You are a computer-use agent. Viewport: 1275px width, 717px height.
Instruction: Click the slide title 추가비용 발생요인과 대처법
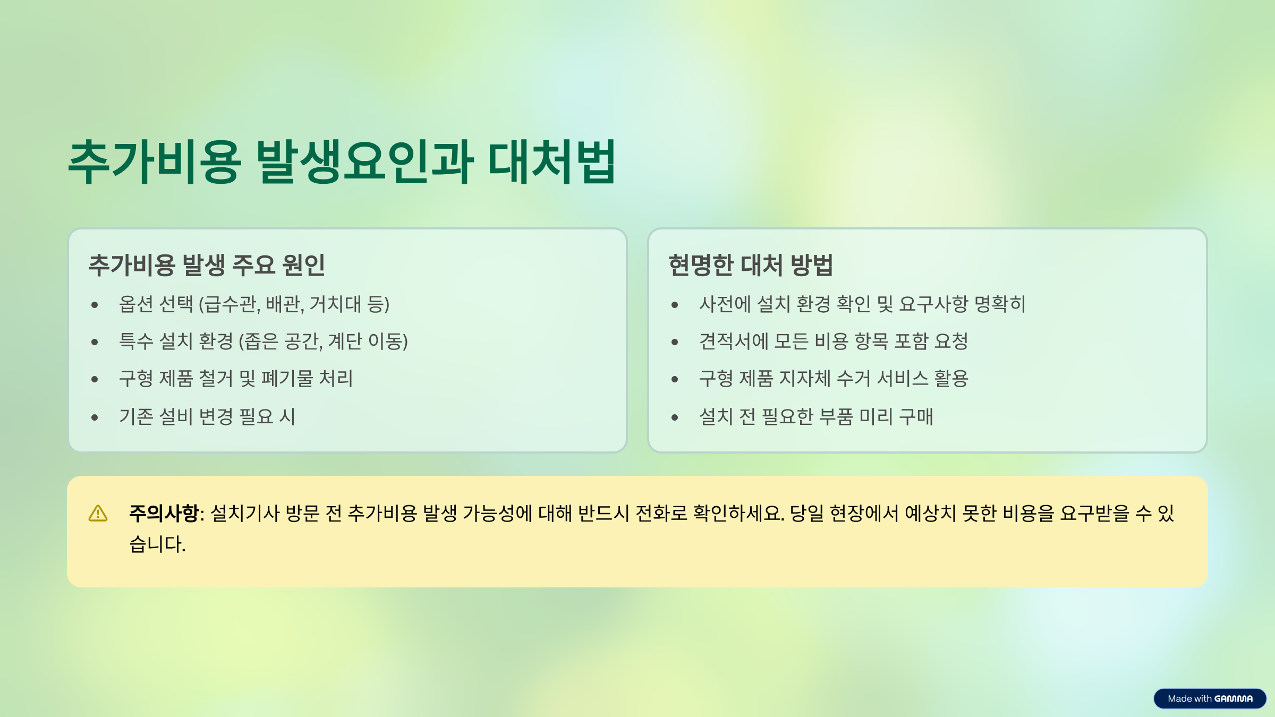pyautogui.click(x=342, y=161)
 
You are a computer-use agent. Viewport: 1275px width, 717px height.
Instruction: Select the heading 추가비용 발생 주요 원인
pyautogui.click(x=207, y=265)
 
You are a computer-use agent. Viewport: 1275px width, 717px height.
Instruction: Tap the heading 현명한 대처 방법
pyautogui.click(x=750, y=265)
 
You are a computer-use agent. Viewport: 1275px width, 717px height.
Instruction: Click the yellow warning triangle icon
pyautogui.click(x=98, y=514)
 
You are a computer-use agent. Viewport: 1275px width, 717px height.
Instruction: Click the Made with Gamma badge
pyautogui.click(x=1210, y=698)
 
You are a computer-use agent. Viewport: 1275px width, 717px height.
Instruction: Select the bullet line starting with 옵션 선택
pyautogui.click(x=254, y=304)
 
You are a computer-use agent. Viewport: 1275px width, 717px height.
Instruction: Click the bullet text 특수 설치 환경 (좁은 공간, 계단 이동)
pyautogui.click(x=263, y=342)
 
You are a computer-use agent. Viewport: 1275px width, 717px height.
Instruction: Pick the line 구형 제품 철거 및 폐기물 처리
pyautogui.click(x=236, y=379)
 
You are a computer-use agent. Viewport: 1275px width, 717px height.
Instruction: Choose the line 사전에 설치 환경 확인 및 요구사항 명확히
pyautogui.click(x=862, y=304)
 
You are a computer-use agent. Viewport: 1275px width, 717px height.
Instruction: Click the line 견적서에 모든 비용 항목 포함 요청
pyautogui.click(x=834, y=342)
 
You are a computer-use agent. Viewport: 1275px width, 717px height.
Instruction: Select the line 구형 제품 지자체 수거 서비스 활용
pyautogui.click(x=834, y=379)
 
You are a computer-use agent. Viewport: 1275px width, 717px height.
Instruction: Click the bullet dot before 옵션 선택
pyautogui.click(x=95, y=305)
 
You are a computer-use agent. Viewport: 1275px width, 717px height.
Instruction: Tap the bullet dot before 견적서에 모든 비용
pyautogui.click(x=675, y=342)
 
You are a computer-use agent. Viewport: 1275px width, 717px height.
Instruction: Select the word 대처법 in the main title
pyautogui.click(x=552, y=161)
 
